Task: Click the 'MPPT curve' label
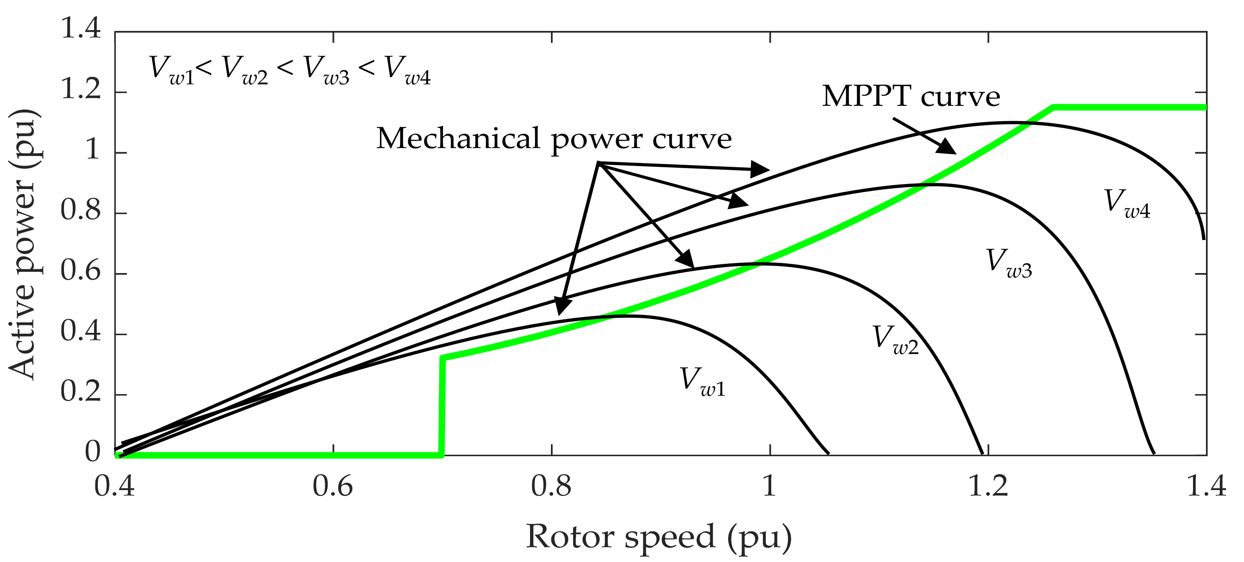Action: [911, 97]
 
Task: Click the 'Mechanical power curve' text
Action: [553, 139]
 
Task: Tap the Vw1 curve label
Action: [702, 382]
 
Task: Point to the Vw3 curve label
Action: [1008, 263]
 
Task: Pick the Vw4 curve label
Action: [1127, 204]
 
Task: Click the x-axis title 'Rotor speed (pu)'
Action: [659, 537]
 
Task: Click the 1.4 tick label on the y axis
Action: [81, 29]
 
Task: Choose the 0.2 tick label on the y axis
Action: [81, 392]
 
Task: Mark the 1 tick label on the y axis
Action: [93, 150]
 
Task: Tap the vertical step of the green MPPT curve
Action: [442, 406]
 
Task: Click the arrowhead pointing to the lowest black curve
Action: [562, 307]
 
